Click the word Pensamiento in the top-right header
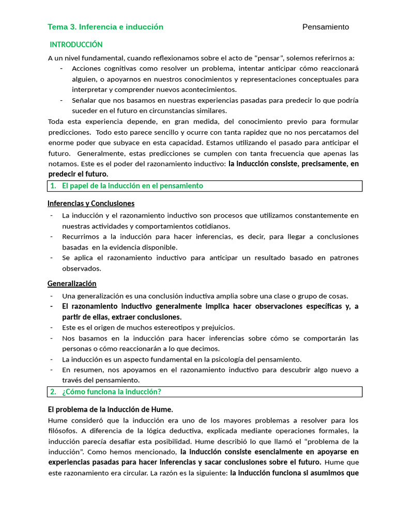pyautogui.click(x=325, y=27)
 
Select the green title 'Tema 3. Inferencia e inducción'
pyautogui.click(x=105, y=27)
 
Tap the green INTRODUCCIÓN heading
pyautogui.click(x=76, y=45)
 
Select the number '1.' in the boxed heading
pyautogui.click(x=53, y=186)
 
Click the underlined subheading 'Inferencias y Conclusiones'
pyautogui.click(x=91, y=204)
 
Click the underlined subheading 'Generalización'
pyautogui.click(x=72, y=284)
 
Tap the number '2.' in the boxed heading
pyautogui.click(x=53, y=392)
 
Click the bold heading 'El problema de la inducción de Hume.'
pyautogui.click(x=110, y=409)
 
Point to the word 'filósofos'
pyautogui.click(x=63, y=431)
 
